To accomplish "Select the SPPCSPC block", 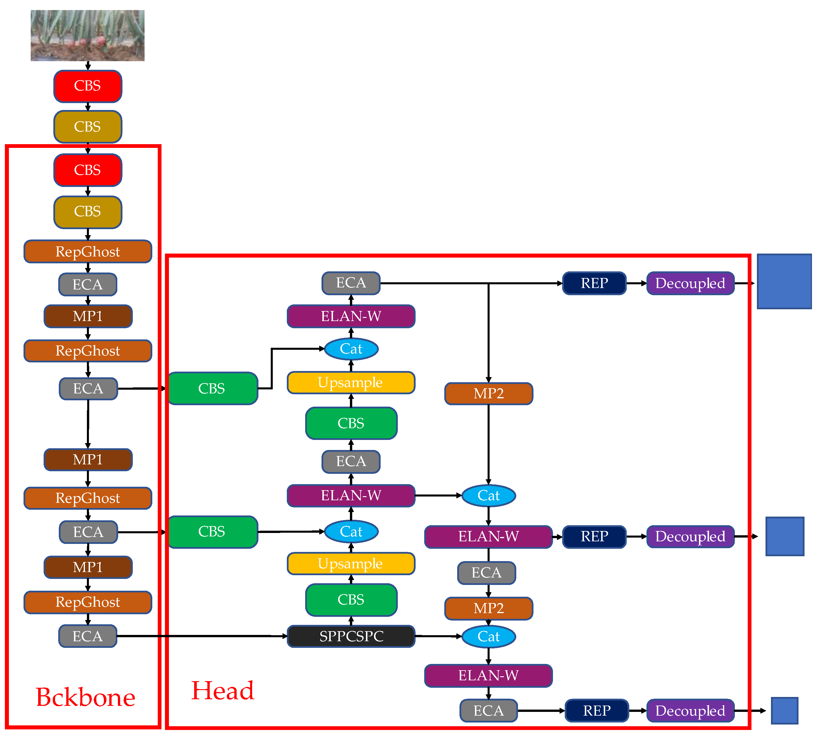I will point(350,636).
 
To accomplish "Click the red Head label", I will point(223,690).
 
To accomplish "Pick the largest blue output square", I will point(784,281).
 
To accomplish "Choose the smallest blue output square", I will point(784,710).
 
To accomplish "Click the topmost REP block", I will point(594,283).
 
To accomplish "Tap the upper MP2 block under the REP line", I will point(488,393).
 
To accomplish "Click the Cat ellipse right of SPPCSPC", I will point(488,637).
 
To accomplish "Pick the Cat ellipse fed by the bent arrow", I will point(351,349).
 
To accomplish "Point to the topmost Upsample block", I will point(350,383).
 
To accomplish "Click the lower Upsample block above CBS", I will point(350,563).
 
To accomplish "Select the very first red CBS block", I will point(88,86).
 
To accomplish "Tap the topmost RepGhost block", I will point(88,252).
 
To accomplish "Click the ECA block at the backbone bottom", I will point(88,636).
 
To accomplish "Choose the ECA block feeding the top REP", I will point(350,283).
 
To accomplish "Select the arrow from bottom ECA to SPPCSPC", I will point(202,636).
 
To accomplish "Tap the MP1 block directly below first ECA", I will point(88,316).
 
